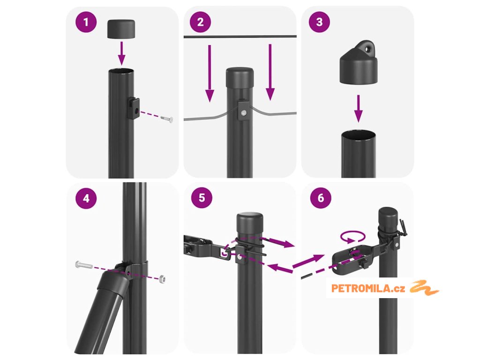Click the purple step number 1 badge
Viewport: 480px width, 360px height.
(x=86, y=22)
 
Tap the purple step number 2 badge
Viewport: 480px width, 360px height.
(x=201, y=22)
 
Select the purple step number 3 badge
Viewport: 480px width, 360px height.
(x=319, y=22)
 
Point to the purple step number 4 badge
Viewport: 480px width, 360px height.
(x=86, y=198)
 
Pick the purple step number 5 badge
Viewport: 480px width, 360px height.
(x=202, y=198)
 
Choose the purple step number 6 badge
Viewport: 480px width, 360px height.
(x=321, y=198)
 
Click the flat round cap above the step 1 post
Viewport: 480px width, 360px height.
(x=121, y=30)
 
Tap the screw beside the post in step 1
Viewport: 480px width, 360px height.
(x=166, y=119)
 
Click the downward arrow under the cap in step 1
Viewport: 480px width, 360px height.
(x=122, y=53)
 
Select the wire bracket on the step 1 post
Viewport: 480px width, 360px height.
(x=134, y=109)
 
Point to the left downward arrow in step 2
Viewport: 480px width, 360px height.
(x=210, y=74)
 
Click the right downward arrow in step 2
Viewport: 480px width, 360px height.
(x=270, y=72)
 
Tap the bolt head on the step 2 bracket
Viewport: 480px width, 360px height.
(x=244, y=113)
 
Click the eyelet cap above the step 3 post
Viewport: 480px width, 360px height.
(x=359, y=63)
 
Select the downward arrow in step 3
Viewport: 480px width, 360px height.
(x=359, y=109)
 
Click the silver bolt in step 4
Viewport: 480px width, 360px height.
(x=83, y=264)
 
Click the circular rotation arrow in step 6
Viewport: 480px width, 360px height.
(x=353, y=237)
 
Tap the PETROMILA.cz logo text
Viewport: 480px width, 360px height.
(x=368, y=288)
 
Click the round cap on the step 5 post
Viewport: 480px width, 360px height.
(x=250, y=224)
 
